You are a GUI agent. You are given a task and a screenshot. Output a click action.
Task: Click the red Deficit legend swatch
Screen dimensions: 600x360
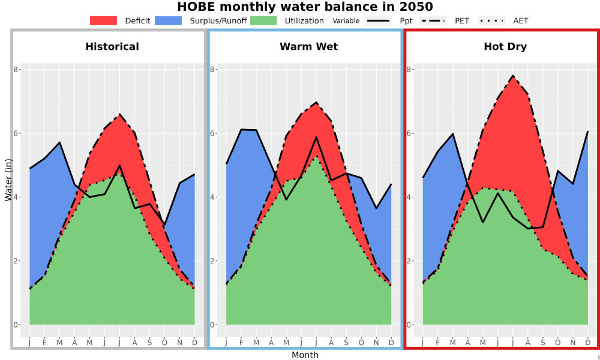click(x=103, y=20)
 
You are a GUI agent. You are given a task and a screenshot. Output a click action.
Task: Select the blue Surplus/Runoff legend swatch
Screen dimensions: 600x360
click(x=169, y=20)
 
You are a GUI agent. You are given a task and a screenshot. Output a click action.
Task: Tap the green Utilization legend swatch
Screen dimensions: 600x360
click(x=263, y=20)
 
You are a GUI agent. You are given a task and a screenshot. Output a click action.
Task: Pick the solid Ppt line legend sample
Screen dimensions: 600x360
click(x=378, y=20)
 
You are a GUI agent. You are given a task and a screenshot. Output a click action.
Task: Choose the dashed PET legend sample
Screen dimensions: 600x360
click(x=433, y=20)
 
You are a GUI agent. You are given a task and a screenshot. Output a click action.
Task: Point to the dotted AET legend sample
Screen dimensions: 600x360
click(x=491, y=20)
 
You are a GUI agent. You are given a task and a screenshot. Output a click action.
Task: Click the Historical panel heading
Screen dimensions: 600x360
click(x=112, y=47)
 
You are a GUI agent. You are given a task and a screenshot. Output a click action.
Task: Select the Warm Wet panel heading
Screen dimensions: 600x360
click(x=309, y=47)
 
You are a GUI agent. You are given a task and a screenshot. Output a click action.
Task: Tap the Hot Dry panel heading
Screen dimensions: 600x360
click(x=505, y=47)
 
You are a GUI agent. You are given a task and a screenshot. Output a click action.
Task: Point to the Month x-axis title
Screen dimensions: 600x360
click(x=305, y=355)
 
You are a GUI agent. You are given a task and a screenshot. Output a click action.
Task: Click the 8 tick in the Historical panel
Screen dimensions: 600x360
click(x=16, y=69)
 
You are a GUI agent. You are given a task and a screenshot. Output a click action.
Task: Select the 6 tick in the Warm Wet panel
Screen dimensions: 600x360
click(x=212, y=133)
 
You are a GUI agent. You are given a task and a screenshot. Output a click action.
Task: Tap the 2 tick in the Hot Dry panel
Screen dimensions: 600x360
click(x=409, y=261)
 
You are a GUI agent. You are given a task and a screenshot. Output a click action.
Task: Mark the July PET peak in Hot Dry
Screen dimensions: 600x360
click(x=513, y=76)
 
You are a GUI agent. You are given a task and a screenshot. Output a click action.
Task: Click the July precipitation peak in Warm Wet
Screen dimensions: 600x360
click(x=316, y=137)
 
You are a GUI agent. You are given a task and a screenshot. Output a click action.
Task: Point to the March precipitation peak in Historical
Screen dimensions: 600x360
click(x=59, y=142)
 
